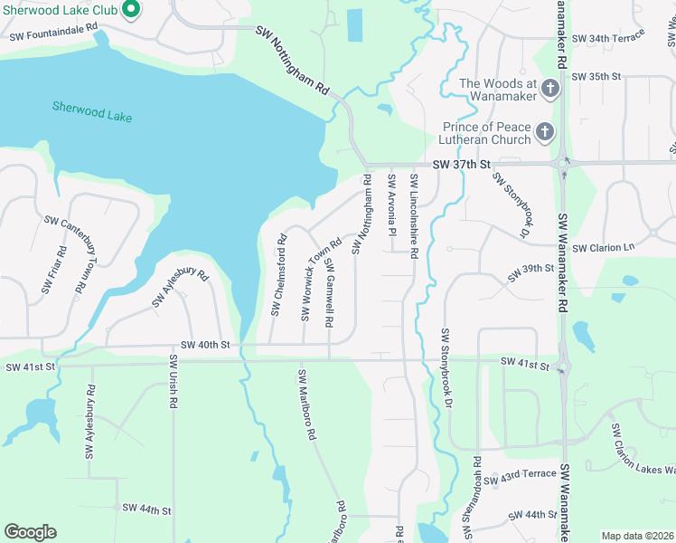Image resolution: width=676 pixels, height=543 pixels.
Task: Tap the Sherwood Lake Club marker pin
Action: (130, 10)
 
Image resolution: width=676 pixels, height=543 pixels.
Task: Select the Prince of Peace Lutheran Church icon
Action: (544, 133)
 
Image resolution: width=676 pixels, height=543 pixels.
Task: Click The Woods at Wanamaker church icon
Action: (549, 90)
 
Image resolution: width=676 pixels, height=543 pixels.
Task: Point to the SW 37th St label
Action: (460, 164)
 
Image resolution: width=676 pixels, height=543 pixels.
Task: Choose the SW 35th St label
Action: (596, 76)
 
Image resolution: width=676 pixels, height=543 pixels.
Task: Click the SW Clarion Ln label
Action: (604, 248)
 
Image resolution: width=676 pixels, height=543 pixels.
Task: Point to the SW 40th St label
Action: (205, 345)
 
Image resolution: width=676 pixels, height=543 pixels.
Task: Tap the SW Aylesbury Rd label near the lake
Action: (181, 287)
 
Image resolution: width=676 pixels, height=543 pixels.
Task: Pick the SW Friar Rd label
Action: (53, 269)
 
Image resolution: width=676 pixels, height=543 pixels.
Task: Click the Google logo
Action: (30, 532)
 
